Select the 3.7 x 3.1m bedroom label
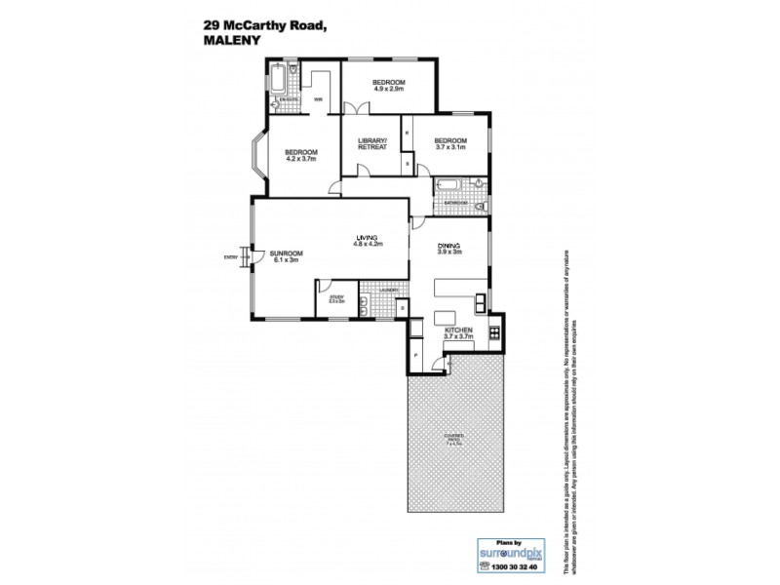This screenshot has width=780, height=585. [450, 144]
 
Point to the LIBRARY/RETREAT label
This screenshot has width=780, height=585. [372, 144]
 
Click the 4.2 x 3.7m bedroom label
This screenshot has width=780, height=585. [301, 155]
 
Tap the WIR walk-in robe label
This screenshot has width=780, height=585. [318, 99]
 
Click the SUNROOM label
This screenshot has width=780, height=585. [287, 255]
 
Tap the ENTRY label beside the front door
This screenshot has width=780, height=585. [231, 257]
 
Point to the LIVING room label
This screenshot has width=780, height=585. [367, 241]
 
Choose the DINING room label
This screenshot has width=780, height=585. [448, 249]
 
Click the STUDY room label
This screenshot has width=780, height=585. [336, 299]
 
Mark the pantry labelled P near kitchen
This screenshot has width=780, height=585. [416, 357]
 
